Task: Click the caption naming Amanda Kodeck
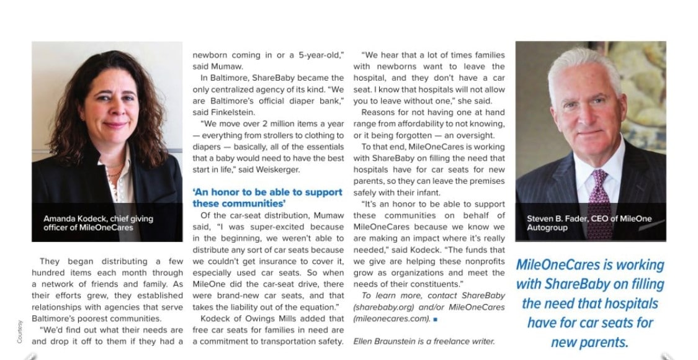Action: tap(98, 223)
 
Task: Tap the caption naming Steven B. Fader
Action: tap(589, 223)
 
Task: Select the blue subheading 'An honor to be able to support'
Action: tap(267, 193)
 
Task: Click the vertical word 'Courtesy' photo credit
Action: tap(20, 331)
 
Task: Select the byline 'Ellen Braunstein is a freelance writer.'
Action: tap(424, 341)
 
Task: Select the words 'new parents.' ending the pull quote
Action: tap(589, 342)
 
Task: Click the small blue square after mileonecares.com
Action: tap(436, 319)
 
